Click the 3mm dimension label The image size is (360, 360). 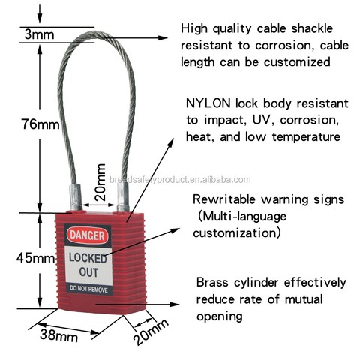tap(39, 34)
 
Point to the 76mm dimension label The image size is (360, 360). tap(40, 124)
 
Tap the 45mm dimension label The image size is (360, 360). tap(35, 258)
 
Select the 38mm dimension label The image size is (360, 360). tap(58, 335)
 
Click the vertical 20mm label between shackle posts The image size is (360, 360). tap(100, 182)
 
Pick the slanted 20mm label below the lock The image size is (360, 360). tap(151, 331)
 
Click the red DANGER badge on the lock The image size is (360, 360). tap(88, 235)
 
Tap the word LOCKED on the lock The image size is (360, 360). tap(88, 258)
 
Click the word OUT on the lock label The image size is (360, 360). tap(88, 272)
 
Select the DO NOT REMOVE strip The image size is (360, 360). tap(88, 289)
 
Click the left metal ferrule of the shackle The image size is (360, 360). tap(76, 197)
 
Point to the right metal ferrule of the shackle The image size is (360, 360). tap(123, 197)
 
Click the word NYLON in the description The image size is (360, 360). tap(208, 103)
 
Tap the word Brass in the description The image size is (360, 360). tap(212, 283)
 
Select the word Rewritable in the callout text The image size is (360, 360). tap(224, 199)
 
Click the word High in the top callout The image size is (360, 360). tap(194, 29)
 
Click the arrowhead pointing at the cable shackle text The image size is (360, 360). tap(163, 38)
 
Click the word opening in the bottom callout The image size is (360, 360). tap(220, 316)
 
